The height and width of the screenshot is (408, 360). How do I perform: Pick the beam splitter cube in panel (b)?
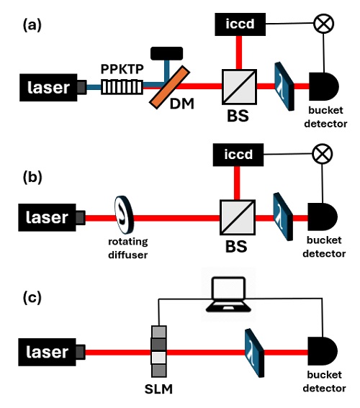[238, 214]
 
